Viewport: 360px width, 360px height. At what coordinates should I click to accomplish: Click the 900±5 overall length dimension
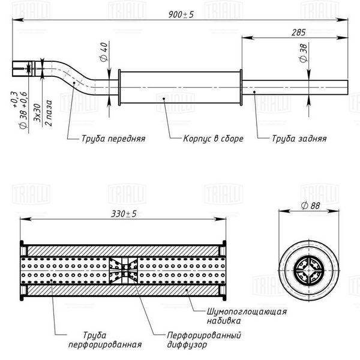[x=181, y=14]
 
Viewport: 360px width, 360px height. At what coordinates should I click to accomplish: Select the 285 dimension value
[x=298, y=32]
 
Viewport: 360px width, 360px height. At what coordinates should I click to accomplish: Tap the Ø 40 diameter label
[x=104, y=52]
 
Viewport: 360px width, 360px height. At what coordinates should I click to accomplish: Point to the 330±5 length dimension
[x=124, y=214]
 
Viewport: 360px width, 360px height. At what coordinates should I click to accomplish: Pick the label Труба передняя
[x=113, y=139]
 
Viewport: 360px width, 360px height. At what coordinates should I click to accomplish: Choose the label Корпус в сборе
[x=213, y=139]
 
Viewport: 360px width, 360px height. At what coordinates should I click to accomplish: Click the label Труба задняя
[x=299, y=139]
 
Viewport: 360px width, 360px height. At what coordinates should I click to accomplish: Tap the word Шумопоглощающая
[x=247, y=312]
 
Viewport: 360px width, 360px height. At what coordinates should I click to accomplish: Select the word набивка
[x=224, y=321]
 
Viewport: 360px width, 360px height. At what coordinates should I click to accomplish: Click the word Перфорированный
[x=204, y=335]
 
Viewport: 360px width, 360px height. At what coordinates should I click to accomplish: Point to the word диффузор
[x=187, y=344]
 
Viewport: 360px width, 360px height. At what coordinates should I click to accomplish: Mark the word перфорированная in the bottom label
[x=105, y=344]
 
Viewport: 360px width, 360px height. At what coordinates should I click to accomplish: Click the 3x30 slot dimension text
[x=37, y=113]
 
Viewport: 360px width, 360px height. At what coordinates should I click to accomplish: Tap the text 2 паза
[x=49, y=113]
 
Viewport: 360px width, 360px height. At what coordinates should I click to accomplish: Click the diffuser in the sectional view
[x=123, y=271]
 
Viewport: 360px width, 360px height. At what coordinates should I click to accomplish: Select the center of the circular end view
[x=309, y=270]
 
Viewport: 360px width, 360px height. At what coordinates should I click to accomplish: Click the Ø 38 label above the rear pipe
[x=304, y=53]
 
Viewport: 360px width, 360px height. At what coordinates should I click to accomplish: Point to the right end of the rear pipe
[x=347, y=87]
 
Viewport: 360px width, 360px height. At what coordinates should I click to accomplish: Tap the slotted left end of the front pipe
[x=20, y=68]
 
